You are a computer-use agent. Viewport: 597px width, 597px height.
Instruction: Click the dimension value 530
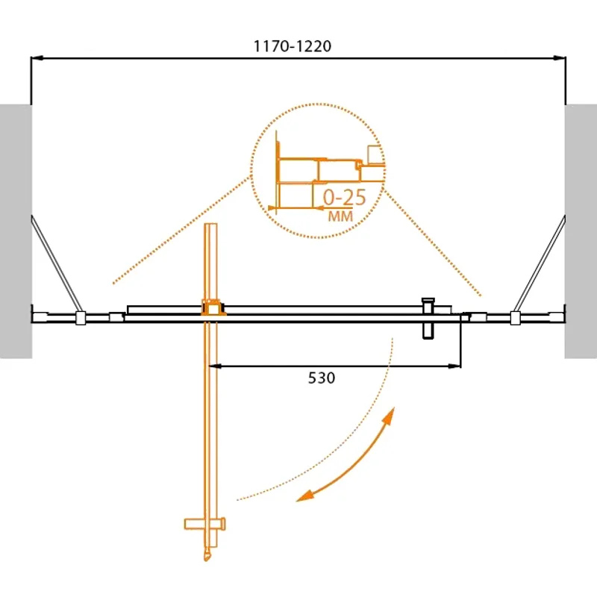(322, 378)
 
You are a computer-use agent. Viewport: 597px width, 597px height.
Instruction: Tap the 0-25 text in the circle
(344, 198)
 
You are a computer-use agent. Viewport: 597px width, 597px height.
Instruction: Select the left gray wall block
(15, 231)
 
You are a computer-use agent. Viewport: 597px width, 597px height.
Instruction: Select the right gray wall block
(581, 231)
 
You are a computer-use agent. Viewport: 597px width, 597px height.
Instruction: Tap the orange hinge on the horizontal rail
(213, 307)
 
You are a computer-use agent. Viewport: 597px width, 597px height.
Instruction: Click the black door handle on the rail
(428, 318)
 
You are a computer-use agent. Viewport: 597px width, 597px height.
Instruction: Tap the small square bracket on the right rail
(514, 318)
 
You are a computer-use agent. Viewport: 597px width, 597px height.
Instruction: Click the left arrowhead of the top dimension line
(36, 57)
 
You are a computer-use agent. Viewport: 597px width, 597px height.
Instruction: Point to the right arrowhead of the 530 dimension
(455, 366)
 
